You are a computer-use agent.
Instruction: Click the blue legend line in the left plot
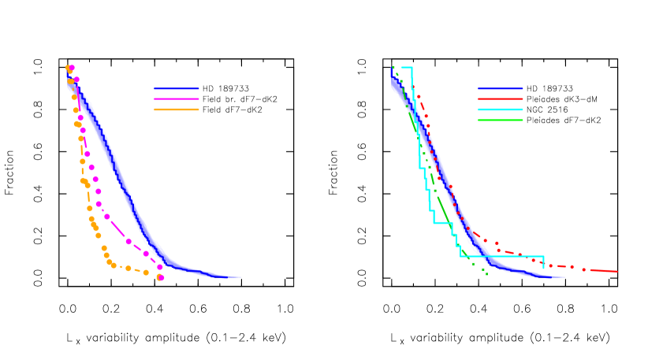[x=176, y=89]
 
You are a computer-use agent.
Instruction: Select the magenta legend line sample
[x=176, y=99]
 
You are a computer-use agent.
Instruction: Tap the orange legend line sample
[x=176, y=109]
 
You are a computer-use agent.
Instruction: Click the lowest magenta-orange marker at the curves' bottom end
[x=160, y=277]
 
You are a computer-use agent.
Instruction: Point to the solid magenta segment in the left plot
[x=117, y=229]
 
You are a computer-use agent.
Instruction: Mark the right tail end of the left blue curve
[x=240, y=277]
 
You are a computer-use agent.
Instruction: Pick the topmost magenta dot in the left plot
[x=72, y=68]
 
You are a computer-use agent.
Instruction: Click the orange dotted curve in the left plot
[x=82, y=161]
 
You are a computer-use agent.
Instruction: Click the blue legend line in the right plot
[x=500, y=89]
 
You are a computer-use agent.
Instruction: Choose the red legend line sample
[x=500, y=99]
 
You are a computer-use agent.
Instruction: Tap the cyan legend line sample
[x=500, y=109]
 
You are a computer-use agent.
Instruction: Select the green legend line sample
[x=500, y=120]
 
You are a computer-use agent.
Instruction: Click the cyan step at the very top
[x=407, y=68]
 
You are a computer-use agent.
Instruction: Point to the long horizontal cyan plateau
[x=505, y=256]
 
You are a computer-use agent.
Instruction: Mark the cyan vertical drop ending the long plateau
[x=543, y=262]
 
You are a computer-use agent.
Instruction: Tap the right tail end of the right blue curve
[x=564, y=277]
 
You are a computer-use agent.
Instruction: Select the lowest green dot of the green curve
[x=486, y=273]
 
